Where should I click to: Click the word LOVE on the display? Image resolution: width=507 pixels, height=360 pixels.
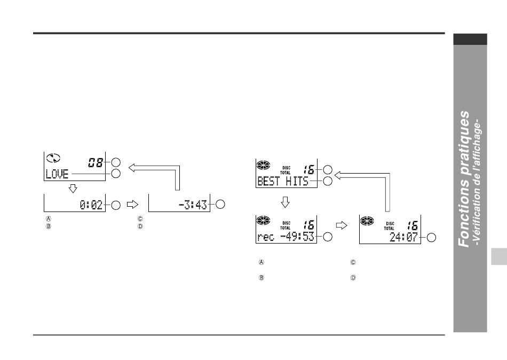tap(57, 174)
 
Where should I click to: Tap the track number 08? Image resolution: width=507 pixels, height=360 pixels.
tap(96, 162)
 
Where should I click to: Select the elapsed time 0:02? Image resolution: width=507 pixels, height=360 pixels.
tap(91, 205)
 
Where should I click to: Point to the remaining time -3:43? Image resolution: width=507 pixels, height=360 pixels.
tap(193, 205)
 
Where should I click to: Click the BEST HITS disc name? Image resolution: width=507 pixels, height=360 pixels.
tap(283, 181)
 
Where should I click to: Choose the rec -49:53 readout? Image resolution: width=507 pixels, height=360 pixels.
tap(286, 237)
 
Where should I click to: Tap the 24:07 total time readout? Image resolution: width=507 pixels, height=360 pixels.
tap(403, 237)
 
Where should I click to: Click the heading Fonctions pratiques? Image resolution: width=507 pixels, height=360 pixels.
tap(464, 179)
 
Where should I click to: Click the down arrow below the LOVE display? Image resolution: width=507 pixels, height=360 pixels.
tap(73, 189)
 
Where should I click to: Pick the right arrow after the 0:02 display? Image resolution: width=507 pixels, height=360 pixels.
tap(132, 204)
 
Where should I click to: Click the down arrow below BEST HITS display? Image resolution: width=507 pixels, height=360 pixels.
tap(285, 202)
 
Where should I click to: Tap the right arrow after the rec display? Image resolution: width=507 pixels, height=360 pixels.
tap(342, 225)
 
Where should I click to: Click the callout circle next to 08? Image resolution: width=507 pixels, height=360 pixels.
tap(116, 162)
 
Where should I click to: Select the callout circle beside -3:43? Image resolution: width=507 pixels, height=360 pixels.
tap(220, 204)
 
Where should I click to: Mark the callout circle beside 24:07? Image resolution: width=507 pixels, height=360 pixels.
tap(431, 238)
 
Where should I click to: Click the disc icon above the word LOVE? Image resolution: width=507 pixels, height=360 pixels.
tap(53, 158)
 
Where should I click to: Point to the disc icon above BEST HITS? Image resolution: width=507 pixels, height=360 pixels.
tap(263, 165)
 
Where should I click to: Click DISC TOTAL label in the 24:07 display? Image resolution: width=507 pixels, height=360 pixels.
tap(389, 226)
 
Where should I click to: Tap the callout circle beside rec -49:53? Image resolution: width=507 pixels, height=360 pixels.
tap(328, 237)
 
